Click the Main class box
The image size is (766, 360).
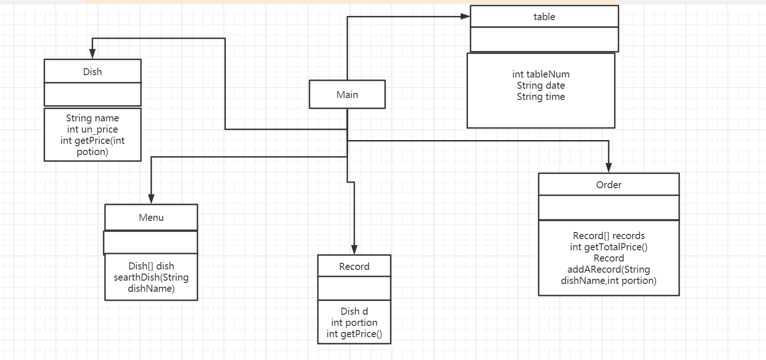[x=347, y=94]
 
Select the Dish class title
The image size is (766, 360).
[x=92, y=71]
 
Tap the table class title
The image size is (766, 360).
[x=544, y=17]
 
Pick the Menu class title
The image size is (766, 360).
[x=151, y=217]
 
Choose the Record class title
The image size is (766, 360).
[x=354, y=266]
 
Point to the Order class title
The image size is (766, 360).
[x=609, y=184]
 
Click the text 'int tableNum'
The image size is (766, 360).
[x=541, y=74]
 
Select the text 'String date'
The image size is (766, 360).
[x=541, y=85]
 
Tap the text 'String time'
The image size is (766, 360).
[x=541, y=97]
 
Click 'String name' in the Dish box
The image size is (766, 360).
[x=92, y=118]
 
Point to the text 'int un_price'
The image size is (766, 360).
[x=92, y=129]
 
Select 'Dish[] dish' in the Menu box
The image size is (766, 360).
[x=151, y=266]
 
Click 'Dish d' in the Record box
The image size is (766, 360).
[x=354, y=311]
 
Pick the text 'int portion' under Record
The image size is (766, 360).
[x=354, y=322]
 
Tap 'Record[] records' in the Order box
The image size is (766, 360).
[x=609, y=236]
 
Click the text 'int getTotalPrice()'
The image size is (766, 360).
[x=609, y=247]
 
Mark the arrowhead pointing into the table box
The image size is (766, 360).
[x=465, y=16]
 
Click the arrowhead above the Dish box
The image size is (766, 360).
[x=92, y=54]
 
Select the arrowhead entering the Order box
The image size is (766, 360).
[x=608, y=168]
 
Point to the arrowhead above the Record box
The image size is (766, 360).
[x=354, y=250]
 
